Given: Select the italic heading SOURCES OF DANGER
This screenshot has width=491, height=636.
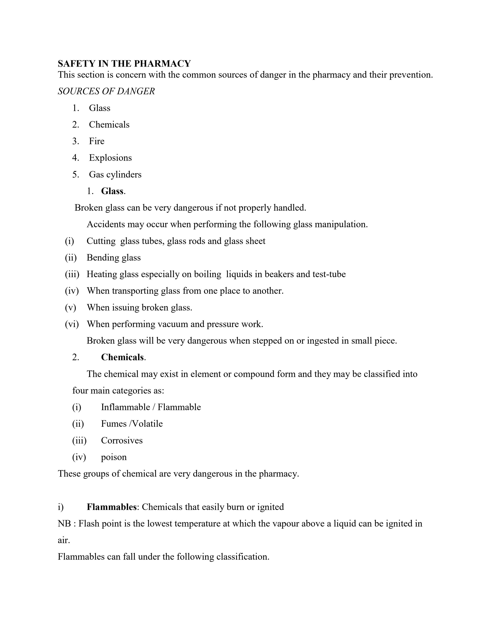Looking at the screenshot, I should (106, 91).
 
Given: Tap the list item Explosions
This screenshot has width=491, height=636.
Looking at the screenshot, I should (110, 158).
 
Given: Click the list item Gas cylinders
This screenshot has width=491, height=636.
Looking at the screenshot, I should (115, 174).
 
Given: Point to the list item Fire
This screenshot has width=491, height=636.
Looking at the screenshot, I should (97, 141).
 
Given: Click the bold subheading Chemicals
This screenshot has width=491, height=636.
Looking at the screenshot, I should (122, 357).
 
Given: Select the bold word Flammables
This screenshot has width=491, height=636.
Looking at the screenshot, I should (112, 507).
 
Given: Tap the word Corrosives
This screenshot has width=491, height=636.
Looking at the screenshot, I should (121, 440).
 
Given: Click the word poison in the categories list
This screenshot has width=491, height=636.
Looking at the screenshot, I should (114, 457).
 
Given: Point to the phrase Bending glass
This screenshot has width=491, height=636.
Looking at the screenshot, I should (113, 258).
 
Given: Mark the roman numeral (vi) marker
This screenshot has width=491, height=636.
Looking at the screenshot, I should (72, 324).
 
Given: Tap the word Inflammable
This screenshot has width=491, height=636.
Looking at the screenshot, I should (125, 407).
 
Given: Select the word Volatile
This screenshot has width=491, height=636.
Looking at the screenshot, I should (147, 424).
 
